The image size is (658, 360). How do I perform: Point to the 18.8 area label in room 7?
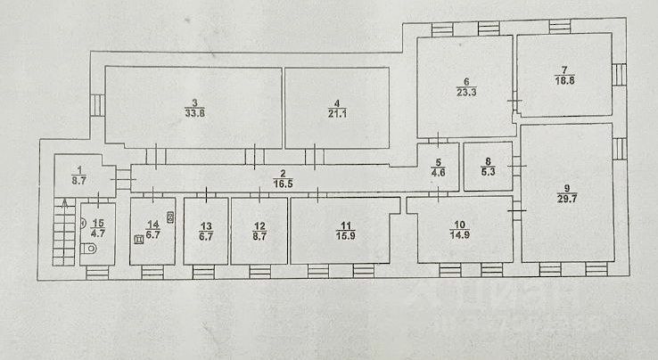(563, 78)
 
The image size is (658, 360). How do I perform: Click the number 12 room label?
(259, 225)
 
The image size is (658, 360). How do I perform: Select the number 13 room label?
(205, 225)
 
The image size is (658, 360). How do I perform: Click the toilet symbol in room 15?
(84, 250)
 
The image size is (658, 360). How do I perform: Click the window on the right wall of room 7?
(618, 74)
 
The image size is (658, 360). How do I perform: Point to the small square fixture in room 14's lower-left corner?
(138, 238)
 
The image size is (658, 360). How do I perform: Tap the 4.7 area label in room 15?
(99, 234)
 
